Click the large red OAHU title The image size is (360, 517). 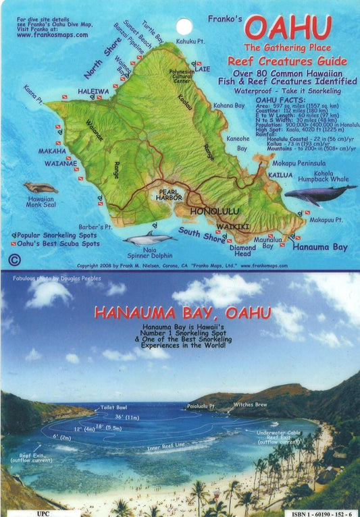[x=288, y=28]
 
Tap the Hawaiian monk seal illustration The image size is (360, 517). [x=41, y=188]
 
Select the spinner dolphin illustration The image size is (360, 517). [x=149, y=238]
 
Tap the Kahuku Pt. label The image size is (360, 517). [x=190, y=42]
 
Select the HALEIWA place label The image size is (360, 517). [x=93, y=90]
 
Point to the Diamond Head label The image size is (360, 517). [x=242, y=250]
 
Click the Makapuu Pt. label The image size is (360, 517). [x=328, y=219]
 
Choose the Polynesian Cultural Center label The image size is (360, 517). [x=182, y=76]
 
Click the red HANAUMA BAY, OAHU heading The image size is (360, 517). [x=182, y=313]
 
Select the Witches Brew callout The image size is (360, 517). [x=251, y=404]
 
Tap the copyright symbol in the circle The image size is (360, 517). [x=15, y=259]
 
